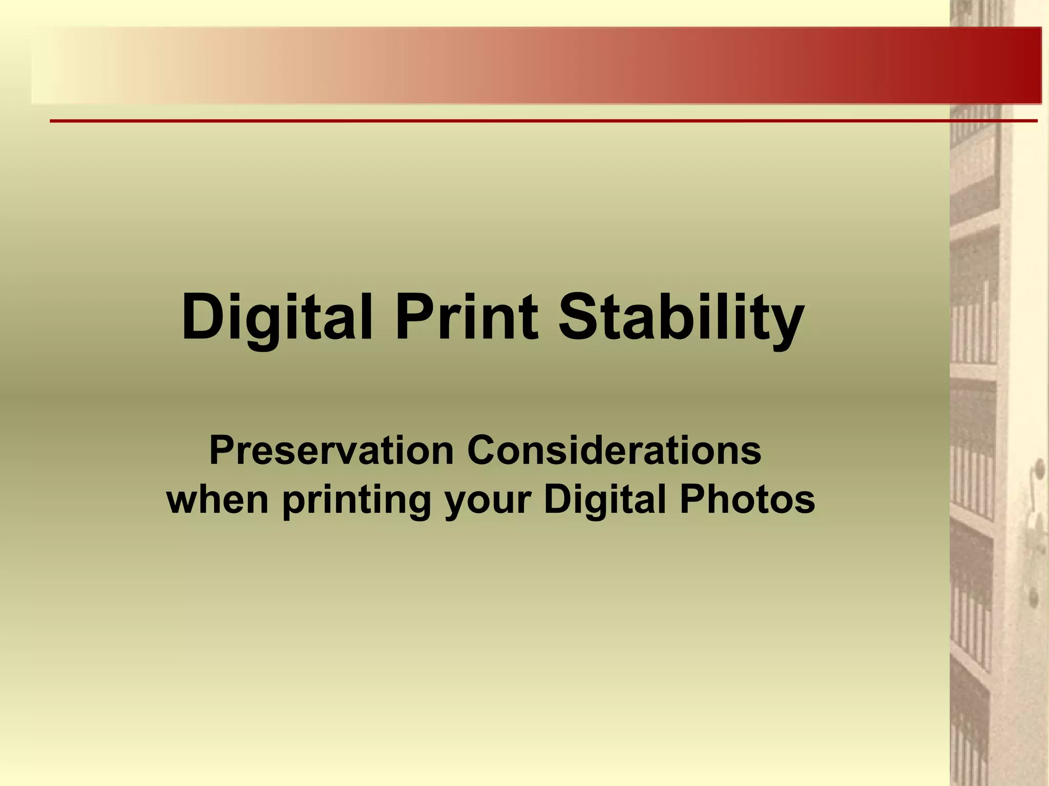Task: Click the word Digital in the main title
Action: pyautogui.click(x=277, y=317)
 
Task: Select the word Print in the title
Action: pyautogui.click(x=466, y=317)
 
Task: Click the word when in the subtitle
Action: pyautogui.click(x=218, y=499)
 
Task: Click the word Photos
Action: pyautogui.click(x=747, y=499)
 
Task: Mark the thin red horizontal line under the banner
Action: pyautogui.click(x=543, y=121)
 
